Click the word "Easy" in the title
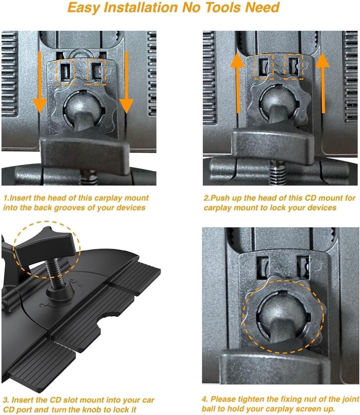coord(84,8)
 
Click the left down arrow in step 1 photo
coord(40,82)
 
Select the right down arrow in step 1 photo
coord(126,82)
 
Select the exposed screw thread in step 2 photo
coord(277,173)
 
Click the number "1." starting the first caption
coord(6,198)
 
